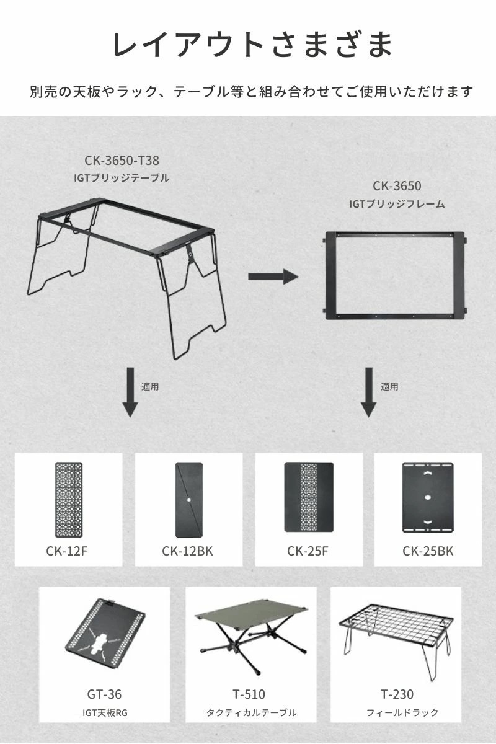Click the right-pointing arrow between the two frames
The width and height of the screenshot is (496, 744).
[x=273, y=276]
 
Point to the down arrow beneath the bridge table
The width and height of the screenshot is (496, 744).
[x=130, y=392]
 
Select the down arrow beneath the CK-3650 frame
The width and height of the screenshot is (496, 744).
[x=369, y=392]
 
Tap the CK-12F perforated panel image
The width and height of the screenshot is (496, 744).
[x=68, y=499]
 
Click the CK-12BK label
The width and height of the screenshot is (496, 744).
[x=187, y=551]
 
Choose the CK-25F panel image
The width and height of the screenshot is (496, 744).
[x=309, y=497]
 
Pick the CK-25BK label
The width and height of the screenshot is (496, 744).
[x=428, y=551]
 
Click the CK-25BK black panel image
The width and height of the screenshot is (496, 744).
[x=428, y=497]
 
